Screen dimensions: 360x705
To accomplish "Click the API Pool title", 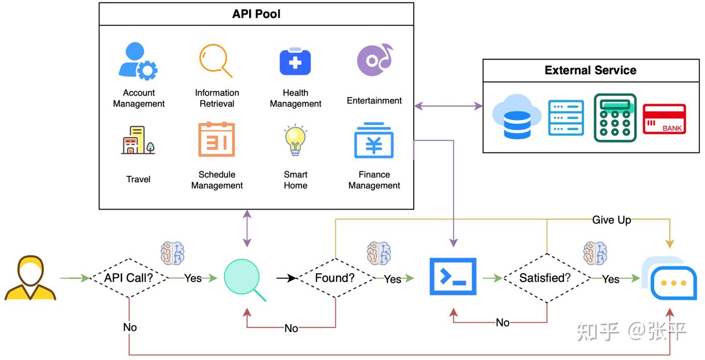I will click(x=256, y=14).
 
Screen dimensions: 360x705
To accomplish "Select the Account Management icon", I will click(x=138, y=62).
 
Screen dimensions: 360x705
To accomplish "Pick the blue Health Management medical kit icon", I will click(x=295, y=62).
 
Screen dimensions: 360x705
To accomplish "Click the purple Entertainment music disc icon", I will click(x=375, y=60).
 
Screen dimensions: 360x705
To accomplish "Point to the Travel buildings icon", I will click(x=138, y=141).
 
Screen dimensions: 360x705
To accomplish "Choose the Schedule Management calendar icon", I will click(x=216, y=140).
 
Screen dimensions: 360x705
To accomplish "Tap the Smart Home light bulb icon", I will click(x=295, y=140).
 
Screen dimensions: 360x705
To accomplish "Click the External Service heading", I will click(x=590, y=70).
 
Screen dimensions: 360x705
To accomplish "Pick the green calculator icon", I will click(x=615, y=118).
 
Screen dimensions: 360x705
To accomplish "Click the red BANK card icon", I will click(x=664, y=119).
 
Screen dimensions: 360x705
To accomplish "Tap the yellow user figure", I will click(x=30, y=278).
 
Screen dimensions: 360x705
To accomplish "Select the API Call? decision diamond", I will click(x=129, y=278).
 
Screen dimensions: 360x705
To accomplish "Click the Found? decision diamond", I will click(x=335, y=278).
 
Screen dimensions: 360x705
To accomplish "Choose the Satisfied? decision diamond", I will click(x=545, y=278).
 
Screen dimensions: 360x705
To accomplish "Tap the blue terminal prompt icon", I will click(x=453, y=277).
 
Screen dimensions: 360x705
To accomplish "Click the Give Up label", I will click(x=611, y=220).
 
